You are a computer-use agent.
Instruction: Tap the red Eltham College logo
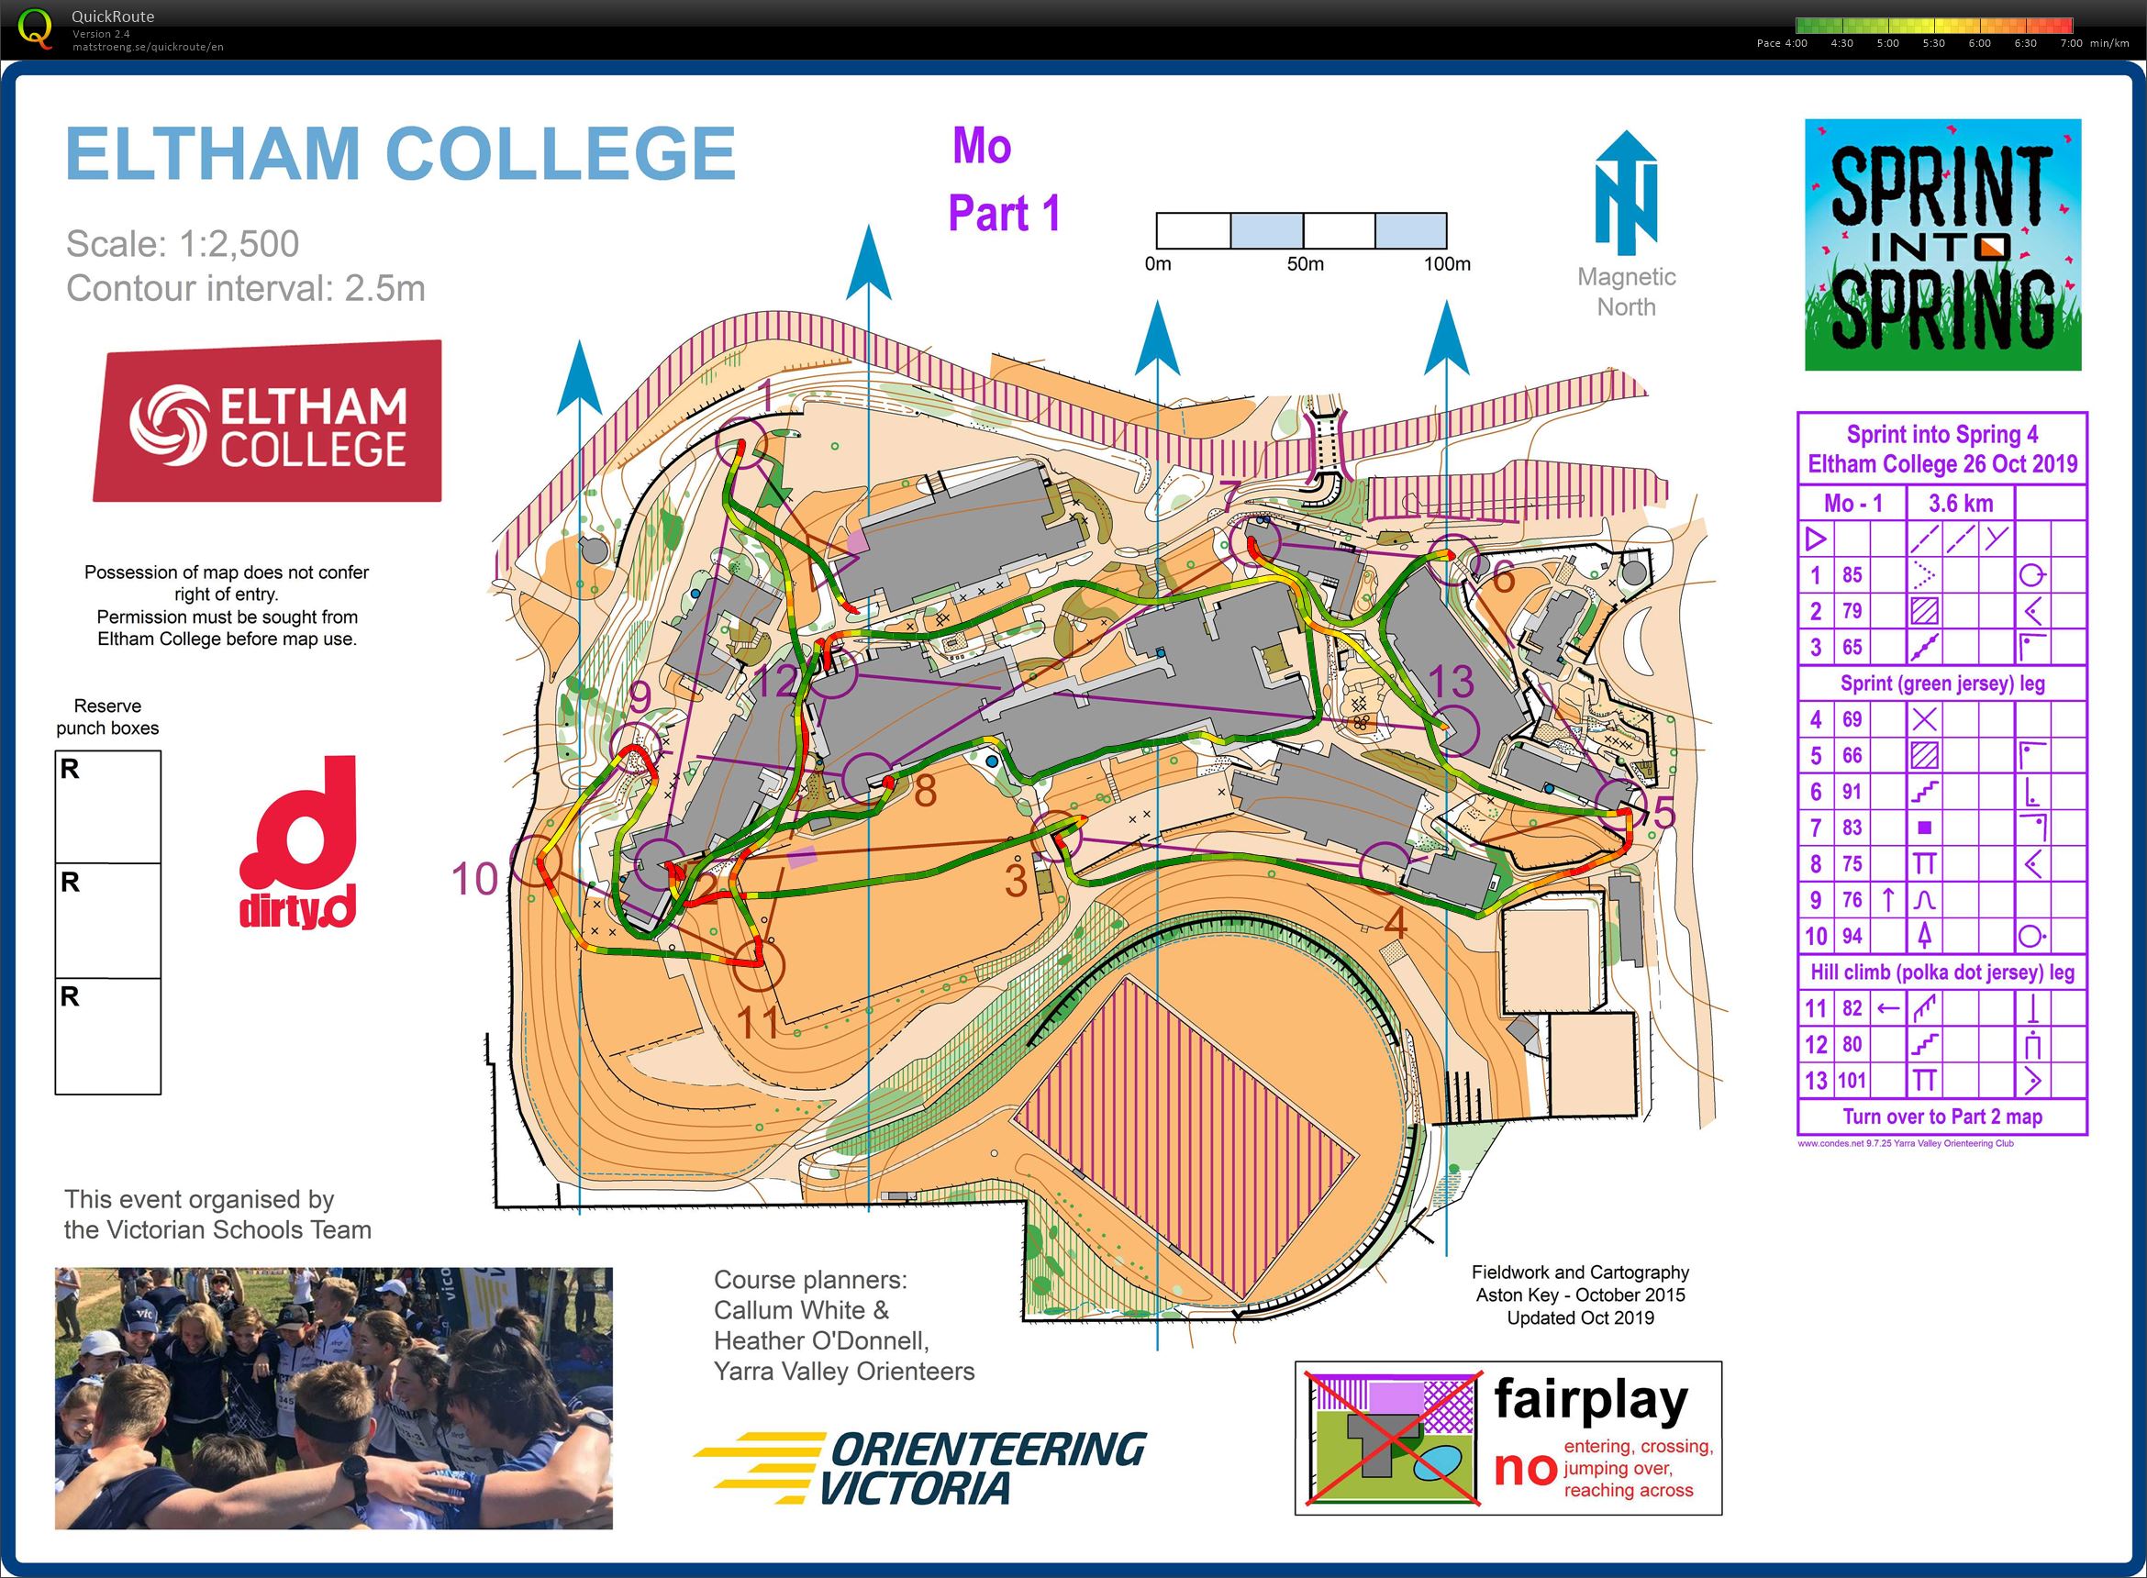point(267,421)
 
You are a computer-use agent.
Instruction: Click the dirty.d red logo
point(297,844)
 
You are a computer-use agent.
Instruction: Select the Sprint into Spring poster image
point(1941,245)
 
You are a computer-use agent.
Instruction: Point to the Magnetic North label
point(1626,292)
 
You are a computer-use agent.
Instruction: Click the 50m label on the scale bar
point(1305,264)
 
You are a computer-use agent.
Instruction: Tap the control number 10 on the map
point(474,879)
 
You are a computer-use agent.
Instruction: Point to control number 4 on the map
point(1396,923)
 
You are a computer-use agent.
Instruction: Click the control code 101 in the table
point(1851,1081)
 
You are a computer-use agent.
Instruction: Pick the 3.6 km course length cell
point(1960,504)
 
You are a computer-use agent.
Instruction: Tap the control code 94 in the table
point(1851,936)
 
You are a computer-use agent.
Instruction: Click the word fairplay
point(1591,1399)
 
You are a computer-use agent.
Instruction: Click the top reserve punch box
point(108,807)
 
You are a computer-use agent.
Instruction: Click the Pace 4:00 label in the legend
point(1781,43)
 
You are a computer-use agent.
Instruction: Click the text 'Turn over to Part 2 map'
point(1941,1117)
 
